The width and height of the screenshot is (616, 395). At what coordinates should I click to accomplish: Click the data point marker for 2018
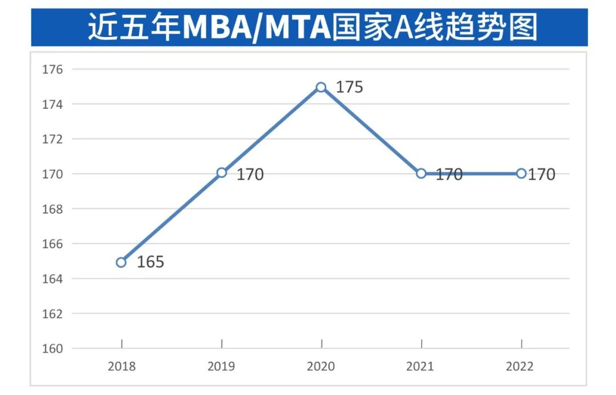121,262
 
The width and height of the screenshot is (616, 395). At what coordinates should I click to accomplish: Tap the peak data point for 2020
321,87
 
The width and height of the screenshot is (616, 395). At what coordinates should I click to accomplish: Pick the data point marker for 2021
421,173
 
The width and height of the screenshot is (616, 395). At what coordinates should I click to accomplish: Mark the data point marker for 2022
521,173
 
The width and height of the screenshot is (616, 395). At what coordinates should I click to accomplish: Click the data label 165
151,262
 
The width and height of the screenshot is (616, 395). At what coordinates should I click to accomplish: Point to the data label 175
349,88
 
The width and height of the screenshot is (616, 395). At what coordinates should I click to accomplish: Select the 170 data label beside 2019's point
250,174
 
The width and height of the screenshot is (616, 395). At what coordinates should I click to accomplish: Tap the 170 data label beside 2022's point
541,174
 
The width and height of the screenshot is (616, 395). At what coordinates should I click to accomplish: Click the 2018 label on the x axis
122,366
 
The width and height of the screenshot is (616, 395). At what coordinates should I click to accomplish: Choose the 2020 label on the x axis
321,366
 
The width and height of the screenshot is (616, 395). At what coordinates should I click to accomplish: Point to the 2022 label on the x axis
520,366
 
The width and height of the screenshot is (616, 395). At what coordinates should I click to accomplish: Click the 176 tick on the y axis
52,70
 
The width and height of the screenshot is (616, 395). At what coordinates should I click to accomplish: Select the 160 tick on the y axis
52,348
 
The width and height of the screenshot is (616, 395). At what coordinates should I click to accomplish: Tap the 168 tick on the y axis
52,209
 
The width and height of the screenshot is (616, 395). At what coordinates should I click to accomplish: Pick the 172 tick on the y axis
52,139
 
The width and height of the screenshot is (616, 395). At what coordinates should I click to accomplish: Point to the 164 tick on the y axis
52,279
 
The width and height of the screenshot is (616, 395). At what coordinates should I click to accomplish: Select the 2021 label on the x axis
420,366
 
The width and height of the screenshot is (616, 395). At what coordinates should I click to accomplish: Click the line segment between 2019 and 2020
271,130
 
